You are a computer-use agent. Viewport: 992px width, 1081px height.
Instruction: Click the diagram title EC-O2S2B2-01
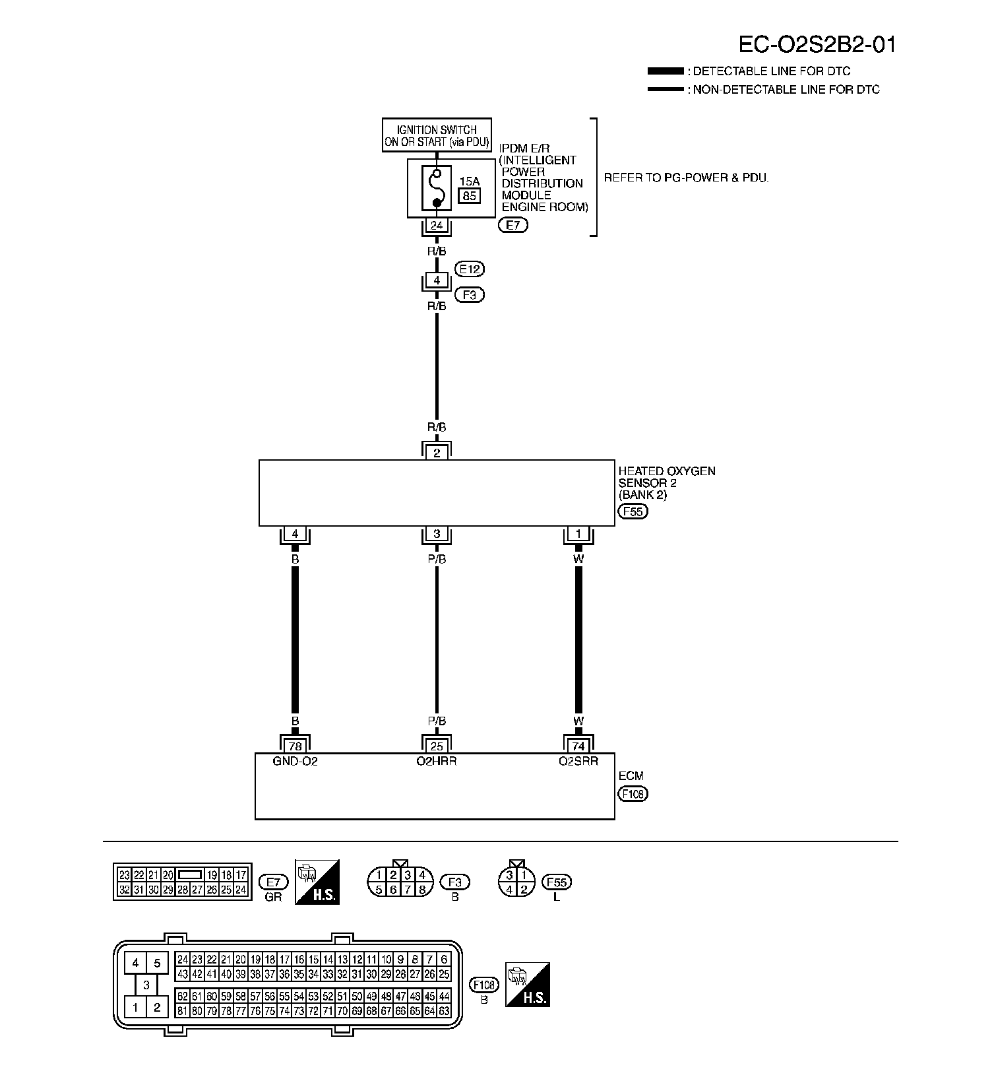pyautogui.click(x=817, y=44)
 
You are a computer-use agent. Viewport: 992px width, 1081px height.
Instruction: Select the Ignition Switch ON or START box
pyautogui.click(x=437, y=135)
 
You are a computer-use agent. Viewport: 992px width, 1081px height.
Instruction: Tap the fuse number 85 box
pyautogui.click(x=470, y=195)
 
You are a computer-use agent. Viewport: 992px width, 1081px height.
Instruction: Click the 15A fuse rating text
pyautogui.click(x=470, y=181)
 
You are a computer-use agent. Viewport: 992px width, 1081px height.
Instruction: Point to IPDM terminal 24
pyautogui.click(x=437, y=226)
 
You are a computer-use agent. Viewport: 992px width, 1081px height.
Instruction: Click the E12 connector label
pyautogui.click(x=470, y=269)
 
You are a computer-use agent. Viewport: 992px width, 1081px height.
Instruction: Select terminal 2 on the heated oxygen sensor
pyautogui.click(x=437, y=453)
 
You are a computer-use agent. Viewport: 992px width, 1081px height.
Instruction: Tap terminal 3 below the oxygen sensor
pyautogui.click(x=437, y=534)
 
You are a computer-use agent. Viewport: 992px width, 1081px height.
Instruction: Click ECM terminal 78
pyautogui.click(x=295, y=746)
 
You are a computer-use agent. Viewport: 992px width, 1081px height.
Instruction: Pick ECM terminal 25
pyautogui.click(x=437, y=746)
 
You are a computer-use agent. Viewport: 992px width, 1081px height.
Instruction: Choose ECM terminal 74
pyautogui.click(x=578, y=746)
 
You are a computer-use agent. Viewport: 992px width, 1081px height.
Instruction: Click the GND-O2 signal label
pyautogui.click(x=295, y=761)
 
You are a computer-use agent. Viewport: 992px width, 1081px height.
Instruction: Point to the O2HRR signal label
pyautogui.click(x=437, y=761)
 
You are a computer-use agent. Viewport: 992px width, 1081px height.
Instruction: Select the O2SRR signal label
pyautogui.click(x=578, y=761)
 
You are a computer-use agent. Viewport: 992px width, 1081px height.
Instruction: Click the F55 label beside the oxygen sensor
pyautogui.click(x=633, y=511)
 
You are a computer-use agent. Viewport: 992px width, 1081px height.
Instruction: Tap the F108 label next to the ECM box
pyautogui.click(x=633, y=794)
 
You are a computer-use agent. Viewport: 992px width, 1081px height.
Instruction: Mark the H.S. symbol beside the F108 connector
pyautogui.click(x=527, y=984)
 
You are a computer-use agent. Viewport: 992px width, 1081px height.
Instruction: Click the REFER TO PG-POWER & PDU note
pyautogui.click(x=686, y=178)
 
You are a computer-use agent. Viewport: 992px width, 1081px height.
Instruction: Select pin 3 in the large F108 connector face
pyautogui.click(x=146, y=985)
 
